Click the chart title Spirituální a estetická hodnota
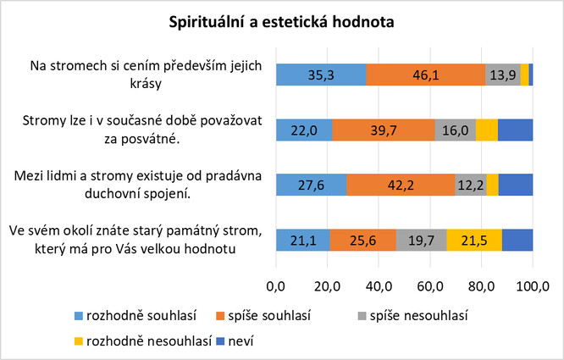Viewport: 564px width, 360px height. [x=282, y=22]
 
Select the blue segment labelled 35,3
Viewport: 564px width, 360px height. [x=322, y=75]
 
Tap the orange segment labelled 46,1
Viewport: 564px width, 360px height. [x=426, y=75]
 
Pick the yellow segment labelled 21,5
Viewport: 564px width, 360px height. [x=474, y=241]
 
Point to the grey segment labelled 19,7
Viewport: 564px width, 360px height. [x=421, y=241]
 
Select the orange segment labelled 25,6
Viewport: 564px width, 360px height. [x=362, y=241]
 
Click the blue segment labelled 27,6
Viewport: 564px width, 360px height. [x=311, y=186]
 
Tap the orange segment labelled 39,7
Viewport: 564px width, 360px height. [x=384, y=130]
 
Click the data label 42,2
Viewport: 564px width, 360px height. [x=401, y=186]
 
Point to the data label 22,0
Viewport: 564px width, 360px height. [x=304, y=130]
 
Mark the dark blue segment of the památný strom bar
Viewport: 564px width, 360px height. [x=517, y=241]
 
